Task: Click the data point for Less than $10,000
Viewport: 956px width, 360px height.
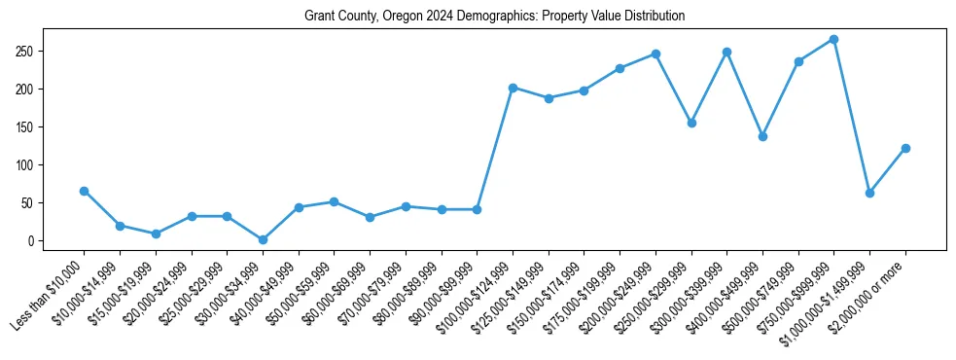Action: pos(84,191)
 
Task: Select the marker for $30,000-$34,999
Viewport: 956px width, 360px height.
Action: pos(263,239)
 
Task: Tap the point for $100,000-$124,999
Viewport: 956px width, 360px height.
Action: pos(513,88)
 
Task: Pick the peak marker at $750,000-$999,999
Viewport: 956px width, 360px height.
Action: pos(833,39)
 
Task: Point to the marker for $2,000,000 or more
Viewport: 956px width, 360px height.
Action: pos(905,148)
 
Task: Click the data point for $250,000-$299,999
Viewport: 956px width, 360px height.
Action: pos(691,123)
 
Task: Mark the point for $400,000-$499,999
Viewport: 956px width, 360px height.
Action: pos(762,136)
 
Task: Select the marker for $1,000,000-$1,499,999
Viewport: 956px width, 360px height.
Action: pos(869,193)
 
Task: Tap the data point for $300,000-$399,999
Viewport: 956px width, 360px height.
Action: pos(726,52)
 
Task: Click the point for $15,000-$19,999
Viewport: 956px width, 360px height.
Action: pos(156,234)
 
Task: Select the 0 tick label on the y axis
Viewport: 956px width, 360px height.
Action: pos(32,241)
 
